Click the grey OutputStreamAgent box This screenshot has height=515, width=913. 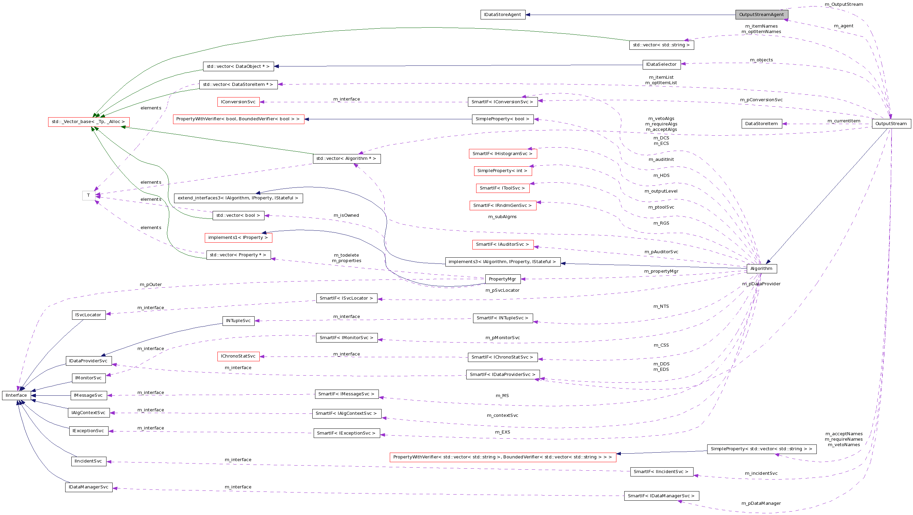click(x=761, y=15)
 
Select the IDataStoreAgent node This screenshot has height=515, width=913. click(x=502, y=15)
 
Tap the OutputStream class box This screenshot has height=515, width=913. click(x=891, y=123)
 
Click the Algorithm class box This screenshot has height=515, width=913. click(x=761, y=268)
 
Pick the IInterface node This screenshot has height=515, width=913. click(x=16, y=395)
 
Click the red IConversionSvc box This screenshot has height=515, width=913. click(x=238, y=102)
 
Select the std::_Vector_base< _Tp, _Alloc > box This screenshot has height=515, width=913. click(x=89, y=121)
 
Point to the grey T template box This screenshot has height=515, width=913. click(x=89, y=195)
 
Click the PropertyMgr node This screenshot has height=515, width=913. click(x=502, y=279)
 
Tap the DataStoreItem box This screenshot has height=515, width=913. click(x=761, y=123)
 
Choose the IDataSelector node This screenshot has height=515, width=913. click(x=661, y=64)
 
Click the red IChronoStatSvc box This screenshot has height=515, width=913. click(x=238, y=356)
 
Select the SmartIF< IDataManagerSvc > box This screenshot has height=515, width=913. click(x=661, y=496)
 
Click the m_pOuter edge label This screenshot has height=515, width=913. click(x=151, y=284)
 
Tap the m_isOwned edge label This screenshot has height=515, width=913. click(x=346, y=215)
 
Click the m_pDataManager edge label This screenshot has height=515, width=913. click(x=761, y=503)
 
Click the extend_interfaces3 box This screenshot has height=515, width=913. click(x=238, y=198)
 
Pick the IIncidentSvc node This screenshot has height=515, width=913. click(x=89, y=461)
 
